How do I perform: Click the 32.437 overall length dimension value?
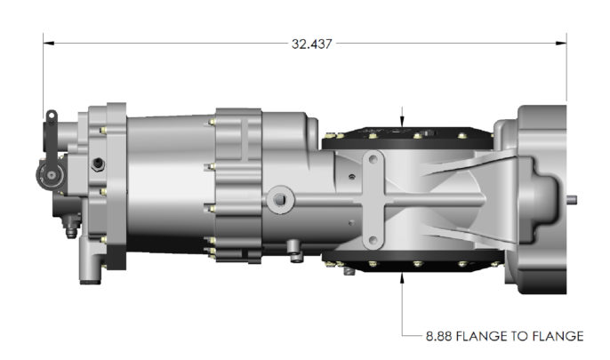point(311,44)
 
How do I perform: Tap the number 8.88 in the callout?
point(439,336)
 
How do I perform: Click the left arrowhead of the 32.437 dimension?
point(48,44)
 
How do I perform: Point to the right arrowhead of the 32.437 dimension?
point(561,44)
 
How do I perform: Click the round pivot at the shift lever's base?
point(51,175)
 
